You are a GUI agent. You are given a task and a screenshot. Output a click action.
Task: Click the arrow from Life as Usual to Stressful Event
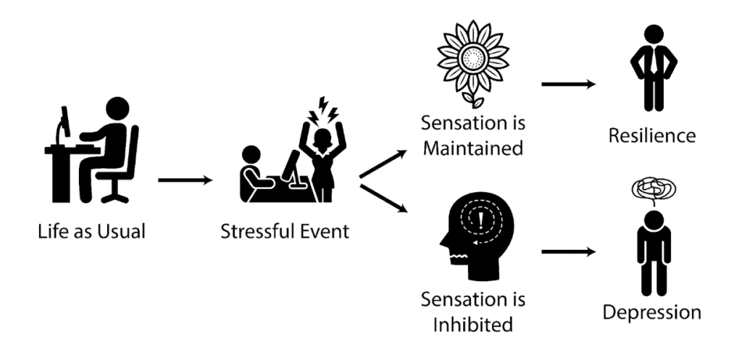pyautogui.click(x=185, y=178)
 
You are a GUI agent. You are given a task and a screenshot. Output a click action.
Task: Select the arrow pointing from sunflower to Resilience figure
pyautogui.click(x=569, y=85)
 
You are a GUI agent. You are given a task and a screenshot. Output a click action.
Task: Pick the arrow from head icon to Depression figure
pyautogui.click(x=569, y=253)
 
